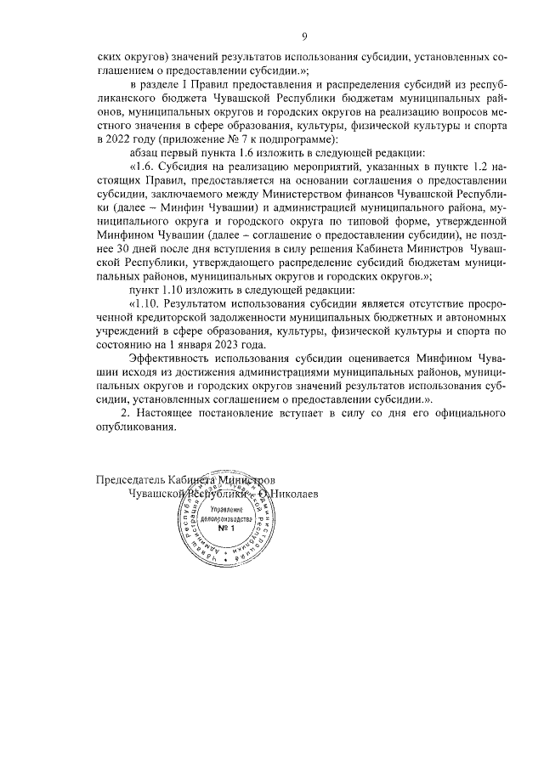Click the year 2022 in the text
pos(116,139)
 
